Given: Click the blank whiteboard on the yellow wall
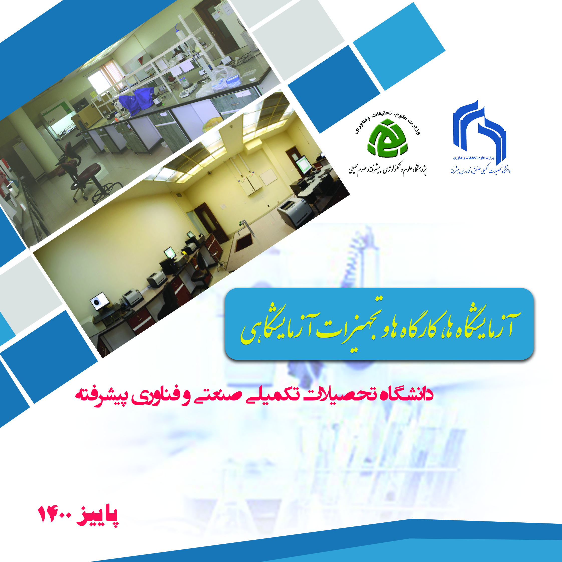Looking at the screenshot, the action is (268, 177).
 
